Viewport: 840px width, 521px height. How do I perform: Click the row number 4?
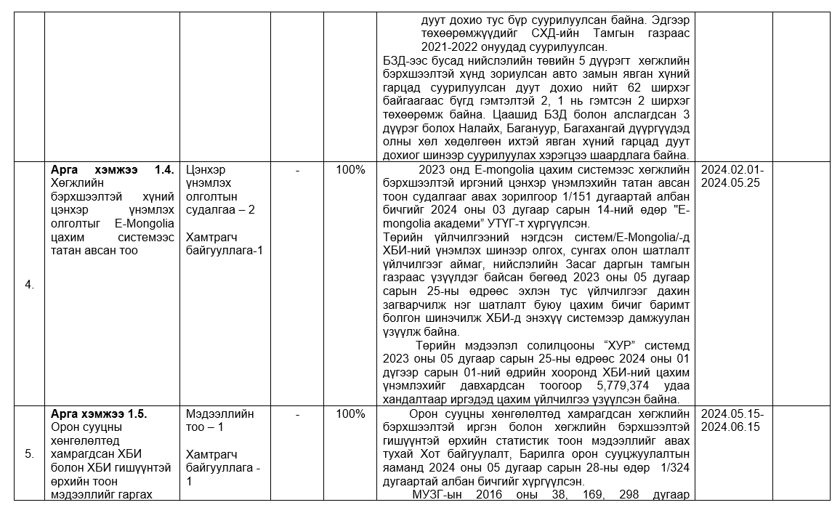coord(29,285)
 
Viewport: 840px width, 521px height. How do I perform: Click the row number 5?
coord(29,454)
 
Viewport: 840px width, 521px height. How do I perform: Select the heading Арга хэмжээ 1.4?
coord(112,169)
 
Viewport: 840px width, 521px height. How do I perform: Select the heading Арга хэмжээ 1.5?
coord(99,414)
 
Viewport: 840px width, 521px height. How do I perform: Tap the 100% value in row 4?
coord(350,169)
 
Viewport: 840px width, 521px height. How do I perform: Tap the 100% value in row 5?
coord(350,414)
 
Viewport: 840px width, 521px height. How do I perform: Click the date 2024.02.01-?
coord(732,169)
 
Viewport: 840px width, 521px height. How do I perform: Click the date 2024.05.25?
coord(730,183)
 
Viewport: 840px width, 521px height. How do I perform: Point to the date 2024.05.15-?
coord(732,414)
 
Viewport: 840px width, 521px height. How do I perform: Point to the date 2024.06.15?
coord(730,427)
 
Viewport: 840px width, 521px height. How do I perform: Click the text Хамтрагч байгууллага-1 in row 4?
coord(225,243)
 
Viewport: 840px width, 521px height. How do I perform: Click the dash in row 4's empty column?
coord(298,169)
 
